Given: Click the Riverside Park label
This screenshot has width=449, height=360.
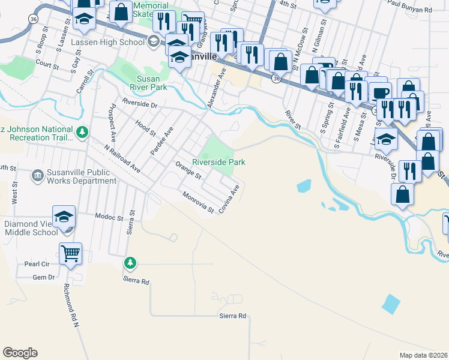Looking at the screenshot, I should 218,162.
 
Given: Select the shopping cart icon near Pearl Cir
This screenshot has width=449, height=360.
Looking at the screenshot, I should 70,254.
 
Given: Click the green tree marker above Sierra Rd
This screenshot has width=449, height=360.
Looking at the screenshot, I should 130,263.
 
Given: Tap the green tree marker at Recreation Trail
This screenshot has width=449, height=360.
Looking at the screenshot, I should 82,131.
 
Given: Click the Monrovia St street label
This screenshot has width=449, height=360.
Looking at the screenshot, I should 199,202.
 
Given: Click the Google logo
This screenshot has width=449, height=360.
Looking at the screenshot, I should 20,353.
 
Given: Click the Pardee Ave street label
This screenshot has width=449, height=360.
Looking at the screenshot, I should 161,142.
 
